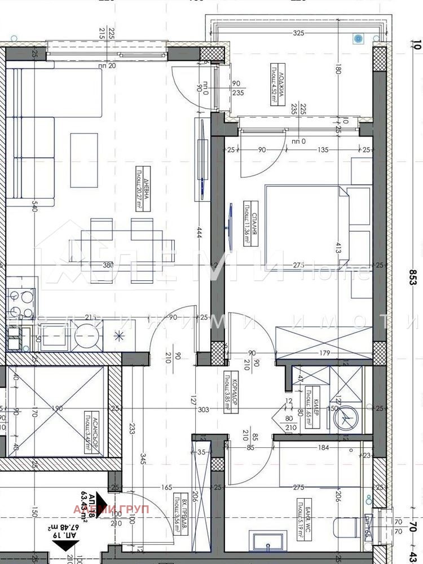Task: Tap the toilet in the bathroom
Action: coord(346,527)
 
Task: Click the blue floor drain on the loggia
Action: coord(357,38)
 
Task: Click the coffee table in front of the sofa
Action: coord(83,160)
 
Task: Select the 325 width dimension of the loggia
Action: coord(298,33)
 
